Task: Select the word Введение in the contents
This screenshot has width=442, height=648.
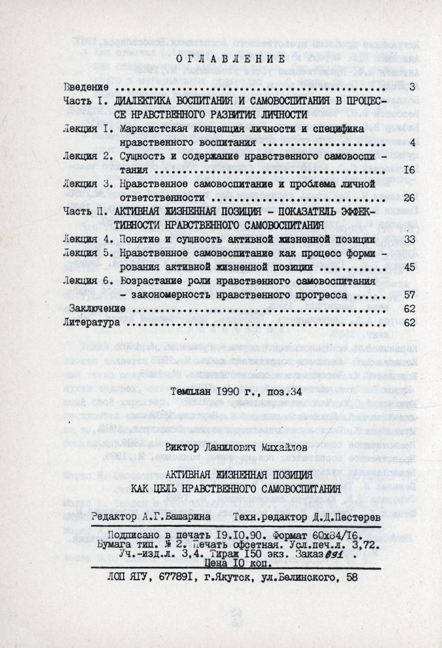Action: [x=88, y=88]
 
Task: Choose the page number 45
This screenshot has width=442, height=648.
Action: [x=408, y=267]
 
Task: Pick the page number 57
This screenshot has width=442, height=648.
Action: [x=408, y=294]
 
